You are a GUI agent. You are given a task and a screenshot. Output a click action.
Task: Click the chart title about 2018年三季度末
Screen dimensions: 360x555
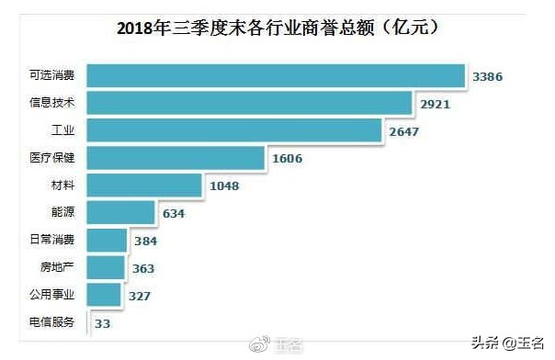click(x=276, y=27)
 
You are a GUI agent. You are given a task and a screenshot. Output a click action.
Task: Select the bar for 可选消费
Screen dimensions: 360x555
click(x=276, y=75)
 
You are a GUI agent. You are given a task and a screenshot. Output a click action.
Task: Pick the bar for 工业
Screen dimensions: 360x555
click(x=234, y=130)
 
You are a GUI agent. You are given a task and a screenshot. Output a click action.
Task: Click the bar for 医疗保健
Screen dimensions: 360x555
click(x=176, y=158)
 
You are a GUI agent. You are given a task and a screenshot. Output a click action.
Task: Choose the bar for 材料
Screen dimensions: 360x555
click(x=144, y=186)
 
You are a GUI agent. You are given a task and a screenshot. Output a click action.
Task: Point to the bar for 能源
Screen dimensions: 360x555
click(x=121, y=213)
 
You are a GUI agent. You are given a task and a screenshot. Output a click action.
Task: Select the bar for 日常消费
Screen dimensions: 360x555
click(x=107, y=241)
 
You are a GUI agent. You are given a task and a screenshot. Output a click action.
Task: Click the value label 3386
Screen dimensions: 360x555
click(x=489, y=78)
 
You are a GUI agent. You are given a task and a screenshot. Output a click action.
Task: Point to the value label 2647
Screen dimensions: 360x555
click(x=402, y=133)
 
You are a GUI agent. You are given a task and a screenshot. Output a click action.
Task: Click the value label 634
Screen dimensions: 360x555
click(x=174, y=214)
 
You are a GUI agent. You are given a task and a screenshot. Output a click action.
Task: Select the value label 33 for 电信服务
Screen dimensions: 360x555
click(x=104, y=323)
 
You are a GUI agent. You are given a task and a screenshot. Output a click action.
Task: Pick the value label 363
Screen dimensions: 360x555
click(x=142, y=268)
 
